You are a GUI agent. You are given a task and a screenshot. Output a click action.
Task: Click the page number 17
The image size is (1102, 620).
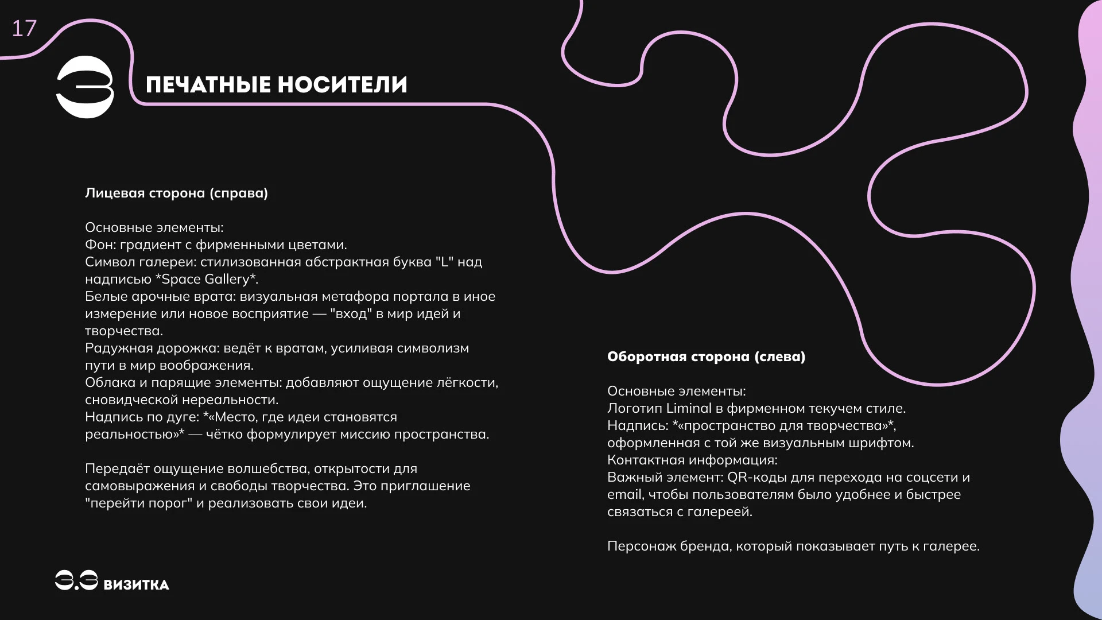(24, 29)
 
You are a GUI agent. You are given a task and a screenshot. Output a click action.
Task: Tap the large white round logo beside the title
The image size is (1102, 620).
(85, 87)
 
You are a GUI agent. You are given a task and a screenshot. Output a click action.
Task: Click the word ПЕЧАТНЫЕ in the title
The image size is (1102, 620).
(208, 85)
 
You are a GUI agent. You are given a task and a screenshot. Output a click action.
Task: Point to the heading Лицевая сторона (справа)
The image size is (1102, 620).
(176, 193)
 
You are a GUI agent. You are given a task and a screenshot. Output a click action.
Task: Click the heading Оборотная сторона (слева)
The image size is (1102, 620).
(706, 356)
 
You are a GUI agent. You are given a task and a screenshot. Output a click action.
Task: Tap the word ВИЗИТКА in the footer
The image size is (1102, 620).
(136, 585)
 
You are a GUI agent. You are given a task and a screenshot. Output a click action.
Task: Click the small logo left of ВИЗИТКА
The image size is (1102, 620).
(76, 580)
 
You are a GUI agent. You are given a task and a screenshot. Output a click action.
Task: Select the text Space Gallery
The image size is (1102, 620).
(205, 280)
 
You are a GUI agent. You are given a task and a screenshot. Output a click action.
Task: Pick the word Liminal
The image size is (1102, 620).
(689, 409)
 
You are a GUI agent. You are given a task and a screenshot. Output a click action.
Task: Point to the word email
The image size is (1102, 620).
(624, 495)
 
